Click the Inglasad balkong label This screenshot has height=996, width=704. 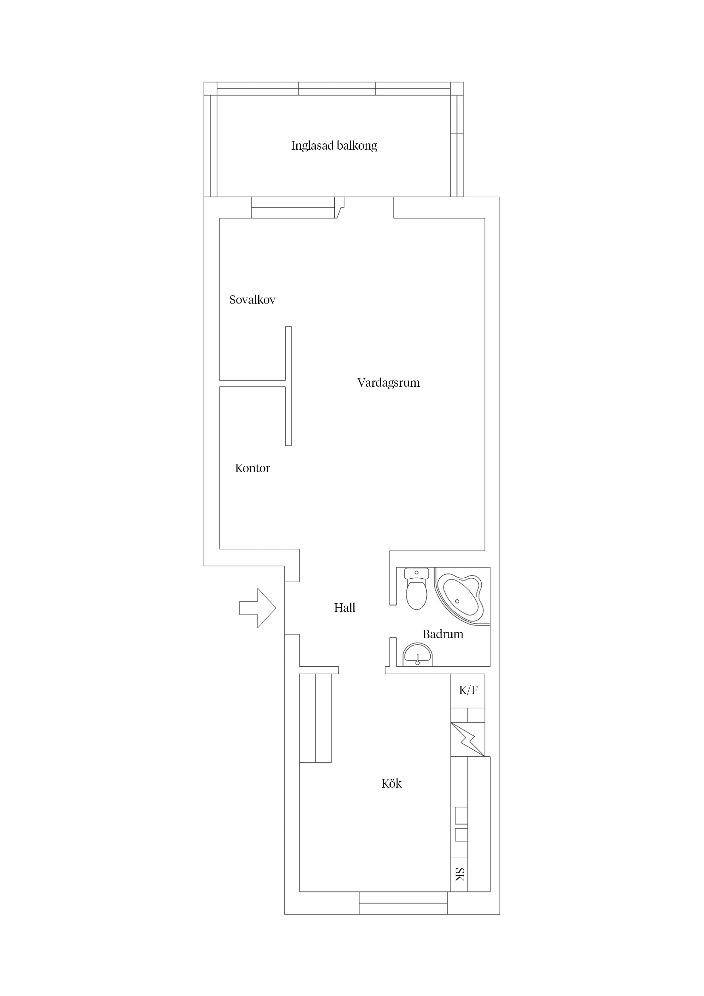point(334,146)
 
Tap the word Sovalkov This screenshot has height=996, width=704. point(252,300)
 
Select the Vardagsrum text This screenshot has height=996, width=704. point(389,383)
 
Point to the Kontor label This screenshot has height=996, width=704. point(252,468)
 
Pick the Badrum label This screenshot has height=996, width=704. point(443,634)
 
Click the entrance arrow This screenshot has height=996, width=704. point(258,608)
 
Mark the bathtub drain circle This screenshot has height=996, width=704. point(457,601)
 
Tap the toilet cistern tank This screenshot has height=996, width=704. point(416,573)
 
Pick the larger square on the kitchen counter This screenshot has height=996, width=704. point(461,815)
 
